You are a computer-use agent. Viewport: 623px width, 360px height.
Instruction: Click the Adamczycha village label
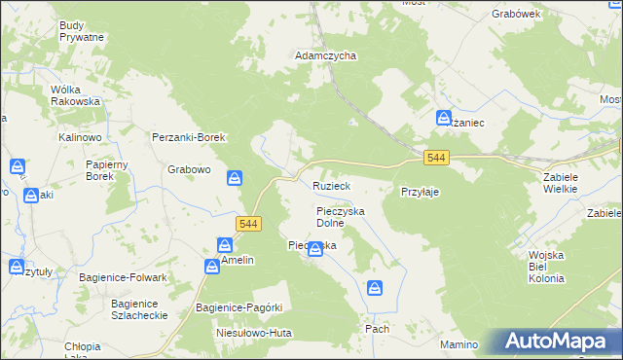click(x=326, y=56)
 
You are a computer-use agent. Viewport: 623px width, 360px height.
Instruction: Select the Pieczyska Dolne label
click(x=340, y=216)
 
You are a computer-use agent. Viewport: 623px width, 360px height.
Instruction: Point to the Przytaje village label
click(x=420, y=192)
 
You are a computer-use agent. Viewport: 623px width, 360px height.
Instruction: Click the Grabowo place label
click(x=189, y=169)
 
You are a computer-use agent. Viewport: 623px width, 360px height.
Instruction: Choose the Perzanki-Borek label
click(x=189, y=137)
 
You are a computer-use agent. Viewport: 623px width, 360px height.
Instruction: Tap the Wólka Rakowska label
click(x=76, y=94)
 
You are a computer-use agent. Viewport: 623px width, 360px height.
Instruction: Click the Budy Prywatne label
click(x=81, y=30)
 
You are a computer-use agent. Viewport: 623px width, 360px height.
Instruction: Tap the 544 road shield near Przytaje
click(x=437, y=158)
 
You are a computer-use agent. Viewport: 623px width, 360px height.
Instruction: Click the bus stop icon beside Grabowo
click(x=235, y=178)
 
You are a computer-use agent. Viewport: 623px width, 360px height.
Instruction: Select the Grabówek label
click(x=516, y=15)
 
